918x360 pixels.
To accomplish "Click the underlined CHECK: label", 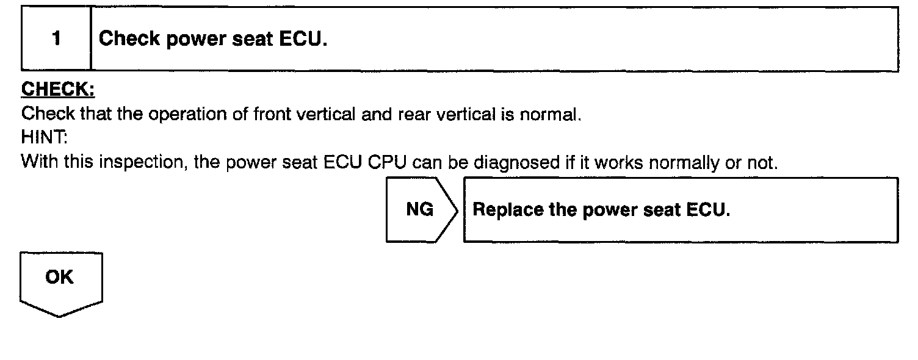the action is (x=58, y=89).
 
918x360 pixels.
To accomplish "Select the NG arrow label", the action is (x=419, y=210).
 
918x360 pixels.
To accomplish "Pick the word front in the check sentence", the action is (x=273, y=114).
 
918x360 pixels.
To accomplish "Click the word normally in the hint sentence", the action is (x=691, y=163).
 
